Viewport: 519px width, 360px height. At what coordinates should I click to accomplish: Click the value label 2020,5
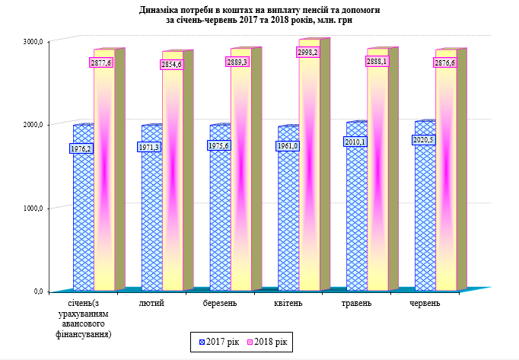(423, 140)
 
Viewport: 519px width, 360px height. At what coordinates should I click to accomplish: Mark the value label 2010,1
(355, 142)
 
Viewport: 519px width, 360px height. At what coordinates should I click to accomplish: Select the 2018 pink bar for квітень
(309, 175)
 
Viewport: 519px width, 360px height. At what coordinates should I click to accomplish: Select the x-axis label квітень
(288, 304)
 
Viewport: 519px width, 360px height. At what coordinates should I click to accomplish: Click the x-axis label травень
(357, 304)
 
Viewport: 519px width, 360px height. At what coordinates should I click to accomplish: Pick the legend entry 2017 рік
(218, 342)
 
